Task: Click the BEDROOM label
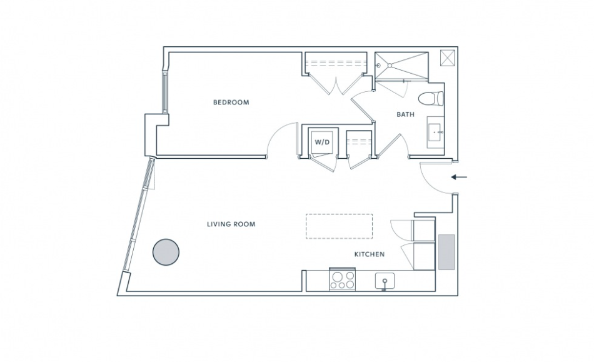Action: point(231,103)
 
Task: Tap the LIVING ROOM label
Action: point(231,224)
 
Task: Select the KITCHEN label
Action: point(370,254)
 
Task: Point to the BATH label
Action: point(405,114)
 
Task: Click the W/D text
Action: point(323,143)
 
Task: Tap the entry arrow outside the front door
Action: point(459,177)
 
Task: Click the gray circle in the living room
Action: point(166,252)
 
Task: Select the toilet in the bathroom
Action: point(431,98)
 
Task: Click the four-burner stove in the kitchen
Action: point(343,279)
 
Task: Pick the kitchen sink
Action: point(385,281)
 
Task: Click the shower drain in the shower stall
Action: point(390,66)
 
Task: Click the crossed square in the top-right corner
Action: point(448,58)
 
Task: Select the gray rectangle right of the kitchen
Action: point(446,252)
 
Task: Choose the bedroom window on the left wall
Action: point(165,93)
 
